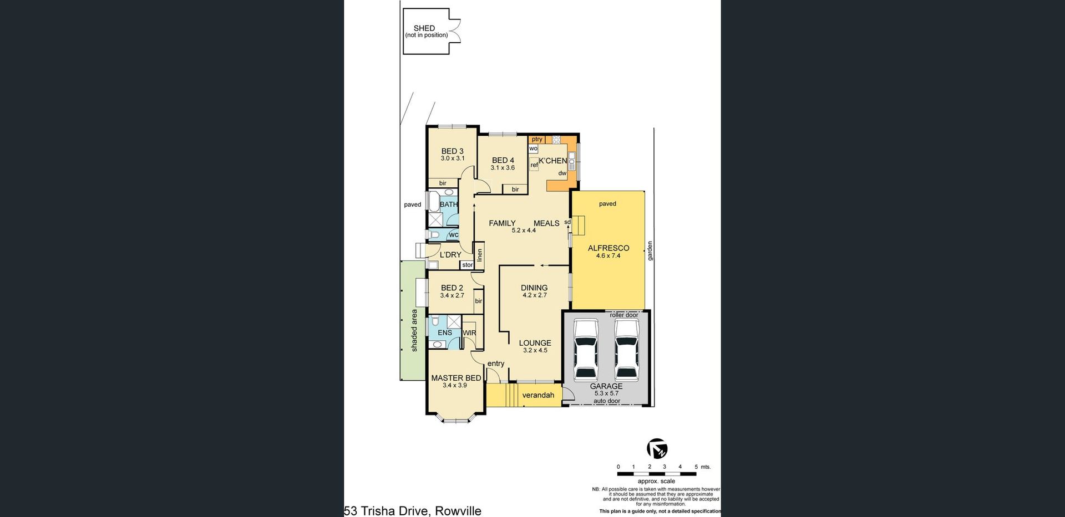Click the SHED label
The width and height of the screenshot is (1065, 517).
point(424,28)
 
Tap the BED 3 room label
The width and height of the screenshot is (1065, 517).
point(453,151)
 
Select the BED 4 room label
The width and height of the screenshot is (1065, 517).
point(503,161)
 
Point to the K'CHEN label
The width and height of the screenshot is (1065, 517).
point(553,161)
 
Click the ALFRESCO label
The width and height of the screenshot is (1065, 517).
point(608,248)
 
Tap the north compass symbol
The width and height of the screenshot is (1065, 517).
point(657,448)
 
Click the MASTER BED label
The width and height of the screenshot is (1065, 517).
point(457,378)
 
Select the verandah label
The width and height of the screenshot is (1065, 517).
point(538,395)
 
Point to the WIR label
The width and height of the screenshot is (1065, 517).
point(469,333)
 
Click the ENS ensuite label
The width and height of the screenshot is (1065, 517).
point(445,332)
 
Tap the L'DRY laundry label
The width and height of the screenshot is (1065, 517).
point(450,255)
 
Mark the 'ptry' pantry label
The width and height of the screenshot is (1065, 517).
point(537,140)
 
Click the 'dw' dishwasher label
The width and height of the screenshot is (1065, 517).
point(562,173)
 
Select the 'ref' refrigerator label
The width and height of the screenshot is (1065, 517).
point(534,165)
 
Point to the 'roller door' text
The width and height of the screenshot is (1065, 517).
point(624,315)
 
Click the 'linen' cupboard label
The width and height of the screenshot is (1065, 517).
point(480,255)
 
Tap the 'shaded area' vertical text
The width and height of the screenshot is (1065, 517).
point(414,330)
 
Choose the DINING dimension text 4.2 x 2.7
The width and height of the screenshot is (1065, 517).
point(535,295)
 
